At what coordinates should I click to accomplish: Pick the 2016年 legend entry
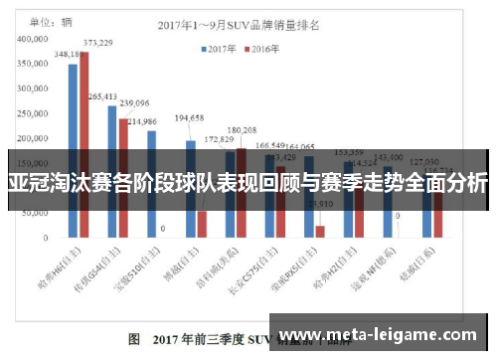(x=267, y=47)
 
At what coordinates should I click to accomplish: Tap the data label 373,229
(x=97, y=43)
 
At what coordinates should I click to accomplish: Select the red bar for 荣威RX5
(x=320, y=232)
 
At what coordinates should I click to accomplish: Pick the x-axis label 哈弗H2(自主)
(x=356, y=271)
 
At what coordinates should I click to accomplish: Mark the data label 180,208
(x=242, y=129)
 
